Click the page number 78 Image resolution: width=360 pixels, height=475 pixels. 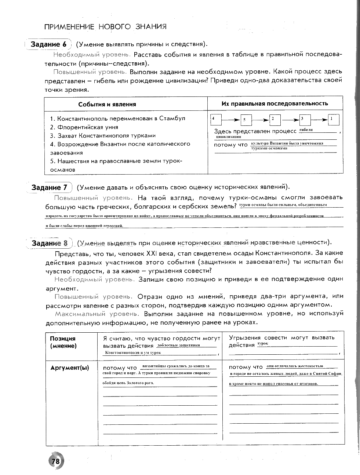(x=55, y=461)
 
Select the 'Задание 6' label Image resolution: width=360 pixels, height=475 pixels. (x=48, y=44)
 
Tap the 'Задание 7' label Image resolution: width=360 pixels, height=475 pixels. (x=50, y=187)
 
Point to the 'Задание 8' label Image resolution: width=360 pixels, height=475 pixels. (x=50, y=243)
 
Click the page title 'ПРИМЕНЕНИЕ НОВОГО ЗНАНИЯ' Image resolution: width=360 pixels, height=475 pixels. (x=105, y=27)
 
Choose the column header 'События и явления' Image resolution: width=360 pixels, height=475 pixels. (x=107, y=104)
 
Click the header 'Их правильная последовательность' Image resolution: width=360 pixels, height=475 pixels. (x=274, y=103)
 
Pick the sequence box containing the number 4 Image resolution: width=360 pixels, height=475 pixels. (x=216, y=119)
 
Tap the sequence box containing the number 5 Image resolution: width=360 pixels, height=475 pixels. (x=246, y=120)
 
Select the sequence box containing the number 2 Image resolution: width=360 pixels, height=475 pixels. (x=274, y=120)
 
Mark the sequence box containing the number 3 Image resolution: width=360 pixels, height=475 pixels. (x=305, y=119)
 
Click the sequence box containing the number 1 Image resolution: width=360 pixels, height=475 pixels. (x=333, y=119)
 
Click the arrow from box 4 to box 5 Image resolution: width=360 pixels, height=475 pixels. (x=231, y=120)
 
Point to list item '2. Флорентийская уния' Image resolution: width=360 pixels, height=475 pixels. (x=84, y=127)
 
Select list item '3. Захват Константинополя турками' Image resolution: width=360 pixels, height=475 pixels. (x=103, y=136)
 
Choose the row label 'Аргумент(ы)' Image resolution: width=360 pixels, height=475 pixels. (x=69, y=368)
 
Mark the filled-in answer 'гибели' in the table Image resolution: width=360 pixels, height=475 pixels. (x=306, y=130)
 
